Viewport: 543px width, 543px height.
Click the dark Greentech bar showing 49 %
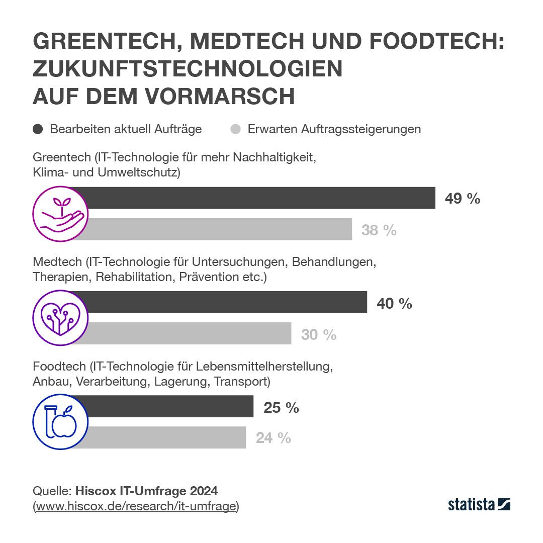point(261,198)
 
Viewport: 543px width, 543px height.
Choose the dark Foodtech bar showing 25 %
point(170,406)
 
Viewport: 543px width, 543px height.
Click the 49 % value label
point(462,199)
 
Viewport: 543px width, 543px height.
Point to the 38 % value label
point(379,230)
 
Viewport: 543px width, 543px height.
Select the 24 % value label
point(273,438)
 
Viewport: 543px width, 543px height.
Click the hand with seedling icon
point(60,214)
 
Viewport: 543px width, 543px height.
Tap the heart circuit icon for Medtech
point(60,318)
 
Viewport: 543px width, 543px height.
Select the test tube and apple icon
point(60,422)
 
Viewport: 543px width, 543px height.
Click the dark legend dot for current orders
point(38,129)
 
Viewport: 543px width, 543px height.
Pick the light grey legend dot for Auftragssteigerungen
point(235,129)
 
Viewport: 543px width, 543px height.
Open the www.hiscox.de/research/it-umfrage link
point(136,506)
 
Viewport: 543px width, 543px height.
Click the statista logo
point(479,504)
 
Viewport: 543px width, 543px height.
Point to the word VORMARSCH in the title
point(220,97)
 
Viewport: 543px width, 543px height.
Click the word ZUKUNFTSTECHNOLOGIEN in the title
point(188,69)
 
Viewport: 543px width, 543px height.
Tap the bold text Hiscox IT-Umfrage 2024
point(146,490)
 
